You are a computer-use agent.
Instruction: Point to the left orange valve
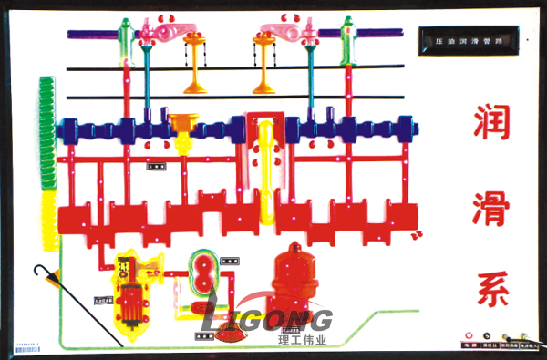[x=193, y=64]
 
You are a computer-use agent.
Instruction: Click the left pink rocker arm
[x=164, y=34]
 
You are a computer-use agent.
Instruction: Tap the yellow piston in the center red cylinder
[x=265, y=169]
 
